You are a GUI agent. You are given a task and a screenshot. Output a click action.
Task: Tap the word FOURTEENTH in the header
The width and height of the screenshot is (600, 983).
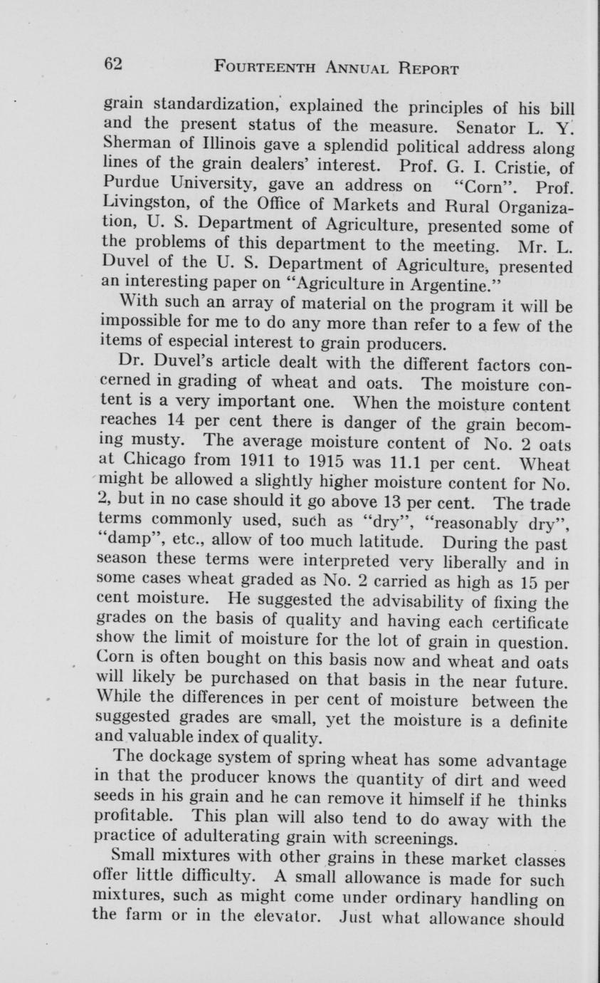tap(254, 68)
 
